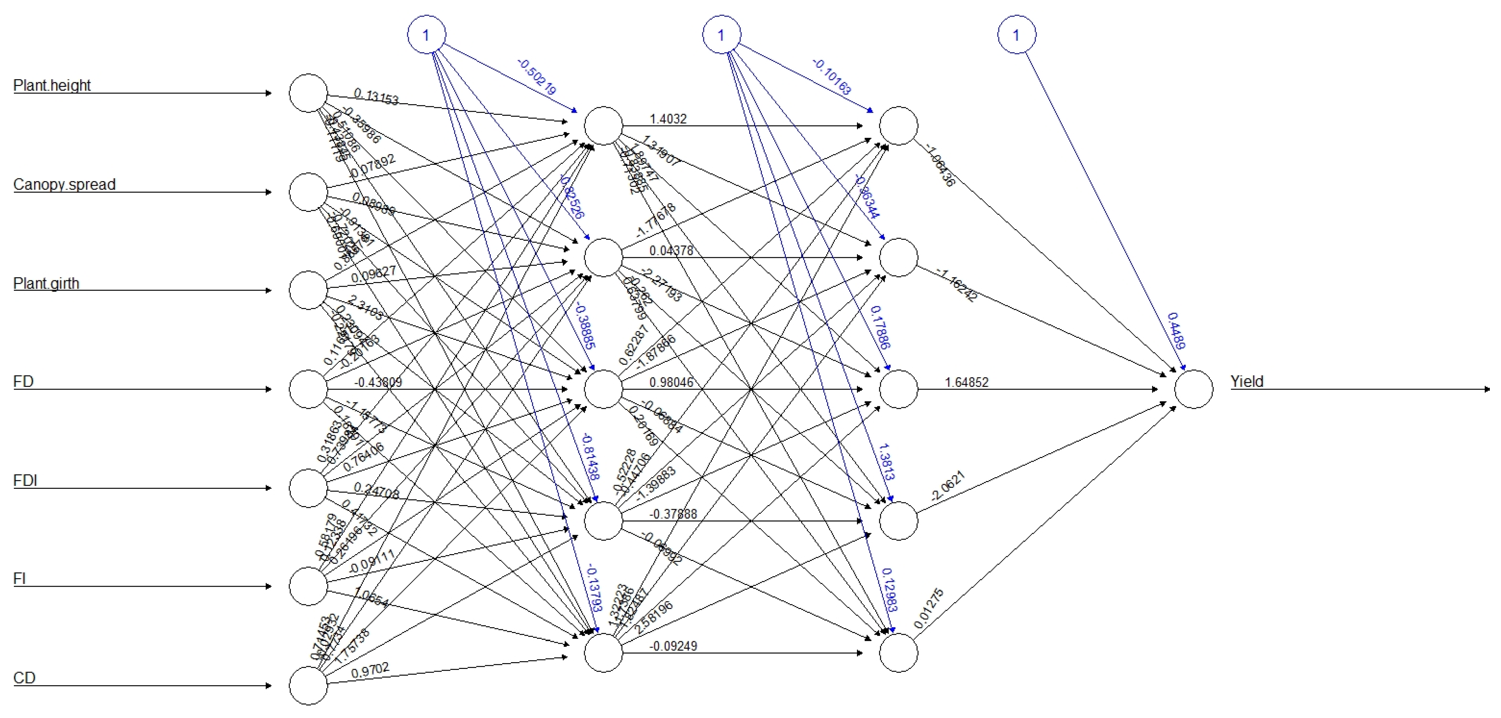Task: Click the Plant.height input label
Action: click(x=52, y=86)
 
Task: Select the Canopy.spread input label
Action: click(x=64, y=185)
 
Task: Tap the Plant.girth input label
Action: click(x=46, y=284)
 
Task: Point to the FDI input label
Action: click(x=25, y=481)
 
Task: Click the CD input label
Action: click(x=24, y=678)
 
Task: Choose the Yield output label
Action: click(x=1247, y=382)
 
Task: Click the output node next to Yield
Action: click(x=1193, y=389)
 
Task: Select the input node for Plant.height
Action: click(x=308, y=93)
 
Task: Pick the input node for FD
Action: click(x=308, y=389)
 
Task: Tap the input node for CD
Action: click(x=308, y=686)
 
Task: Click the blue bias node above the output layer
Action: click(x=1017, y=35)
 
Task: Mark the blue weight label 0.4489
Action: click(x=1176, y=330)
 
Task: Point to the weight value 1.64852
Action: click(x=967, y=382)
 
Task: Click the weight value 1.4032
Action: click(x=668, y=119)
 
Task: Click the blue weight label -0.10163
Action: click(x=832, y=77)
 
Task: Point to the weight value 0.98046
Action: click(x=671, y=382)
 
